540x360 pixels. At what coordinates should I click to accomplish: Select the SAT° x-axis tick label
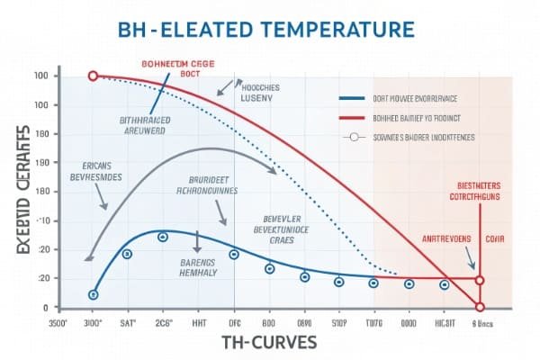pyautogui.click(x=128, y=321)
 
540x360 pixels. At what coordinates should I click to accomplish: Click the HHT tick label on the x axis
pyautogui.click(x=200, y=321)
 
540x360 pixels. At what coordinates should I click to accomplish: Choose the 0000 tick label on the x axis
pyautogui.click(x=408, y=321)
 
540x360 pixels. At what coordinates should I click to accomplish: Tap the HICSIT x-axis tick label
pyautogui.click(x=445, y=321)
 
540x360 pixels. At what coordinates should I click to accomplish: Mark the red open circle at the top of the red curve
pyautogui.click(x=93, y=76)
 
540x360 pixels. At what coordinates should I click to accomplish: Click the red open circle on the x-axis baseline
pyautogui.click(x=480, y=308)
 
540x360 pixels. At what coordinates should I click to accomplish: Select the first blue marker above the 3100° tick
pyautogui.click(x=93, y=294)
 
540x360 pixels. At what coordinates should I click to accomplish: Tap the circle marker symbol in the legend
pyautogui.click(x=353, y=138)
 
